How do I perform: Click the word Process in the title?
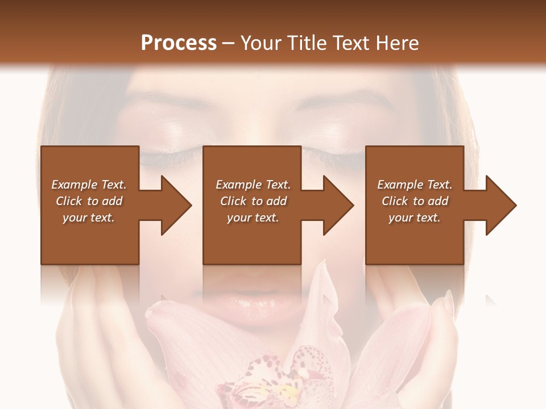179,43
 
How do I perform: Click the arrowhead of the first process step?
173,205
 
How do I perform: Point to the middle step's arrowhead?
336,205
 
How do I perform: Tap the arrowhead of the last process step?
498,205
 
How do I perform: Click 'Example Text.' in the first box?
89,185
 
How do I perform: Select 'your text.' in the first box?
89,218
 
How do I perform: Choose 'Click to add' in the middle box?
253,201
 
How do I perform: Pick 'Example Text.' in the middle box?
253,185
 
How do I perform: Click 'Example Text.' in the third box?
415,185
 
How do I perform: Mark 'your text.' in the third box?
415,218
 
